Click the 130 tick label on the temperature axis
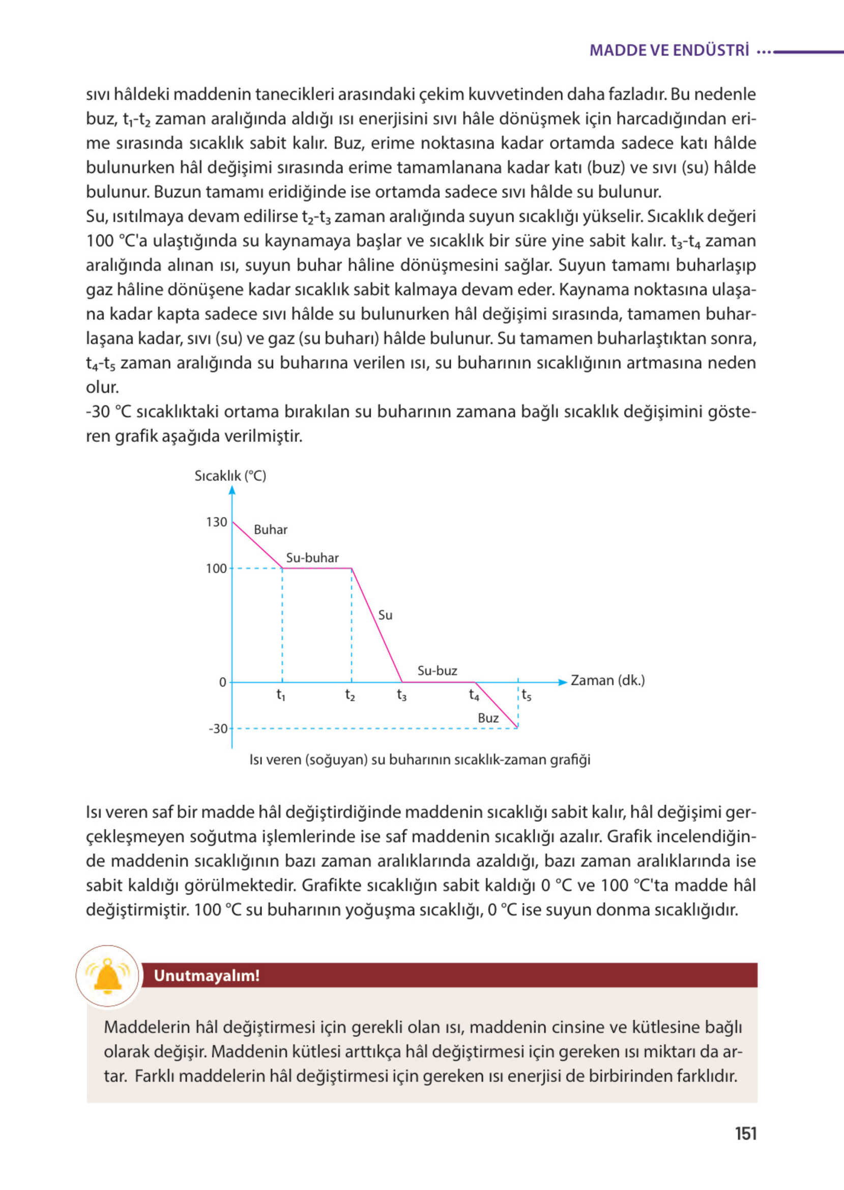coord(216,522)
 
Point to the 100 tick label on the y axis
coord(216,568)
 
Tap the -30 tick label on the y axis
coord(218,729)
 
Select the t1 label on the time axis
coord(281,695)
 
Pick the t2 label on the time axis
coord(351,695)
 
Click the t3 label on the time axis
coord(402,695)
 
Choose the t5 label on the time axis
coord(527,695)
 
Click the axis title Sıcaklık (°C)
coord(230,476)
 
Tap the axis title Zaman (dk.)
coord(607,680)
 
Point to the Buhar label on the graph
coord(270,530)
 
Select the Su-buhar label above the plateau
coord(312,558)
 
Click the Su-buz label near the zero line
coord(437,671)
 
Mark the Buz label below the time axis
coord(488,719)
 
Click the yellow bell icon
coord(108,975)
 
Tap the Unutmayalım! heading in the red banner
coord(207,975)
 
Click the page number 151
coord(745,1134)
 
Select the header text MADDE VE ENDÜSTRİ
coord(670,50)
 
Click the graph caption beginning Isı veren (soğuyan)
coord(420,760)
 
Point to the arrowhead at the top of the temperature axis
coord(232,490)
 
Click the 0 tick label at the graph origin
coord(223,682)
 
